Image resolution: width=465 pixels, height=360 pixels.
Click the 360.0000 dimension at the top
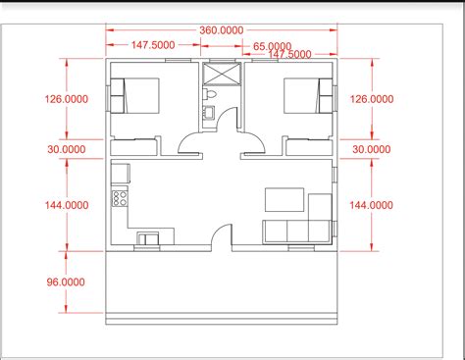click(x=223, y=30)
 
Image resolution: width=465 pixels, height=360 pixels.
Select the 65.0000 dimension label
click(x=272, y=46)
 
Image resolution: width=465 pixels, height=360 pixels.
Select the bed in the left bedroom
click(x=137, y=95)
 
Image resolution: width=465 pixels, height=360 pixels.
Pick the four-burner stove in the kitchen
click(x=121, y=198)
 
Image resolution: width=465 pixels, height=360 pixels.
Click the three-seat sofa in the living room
click(x=294, y=231)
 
